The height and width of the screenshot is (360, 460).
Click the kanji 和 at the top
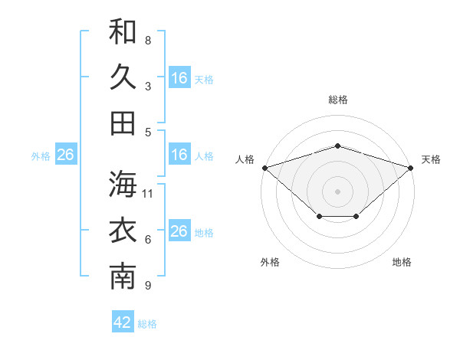pyautogui.click(x=123, y=31)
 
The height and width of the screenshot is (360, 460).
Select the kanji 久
pyautogui.click(x=123, y=77)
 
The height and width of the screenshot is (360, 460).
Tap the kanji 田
pyautogui.click(x=123, y=123)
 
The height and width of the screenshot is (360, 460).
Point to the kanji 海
pyautogui.click(x=123, y=184)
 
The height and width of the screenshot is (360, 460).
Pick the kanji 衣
pyautogui.click(x=123, y=230)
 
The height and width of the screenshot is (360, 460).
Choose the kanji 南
pyautogui.click(x=123, y=277)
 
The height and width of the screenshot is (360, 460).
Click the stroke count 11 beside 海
pyautogui.click(x=147, y=194)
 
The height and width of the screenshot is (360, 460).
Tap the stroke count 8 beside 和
pyautogui.click(x=148, y=40)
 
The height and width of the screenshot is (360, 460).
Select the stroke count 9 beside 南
pyautogui.click(x=148, y=285)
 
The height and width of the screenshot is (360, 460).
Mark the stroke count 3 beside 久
pyautogui.click(x=148, y=87)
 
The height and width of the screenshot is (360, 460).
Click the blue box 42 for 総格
pyautogui.click(x=123, y=321)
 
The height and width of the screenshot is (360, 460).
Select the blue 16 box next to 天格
pyautogui.click(x=179, y=77)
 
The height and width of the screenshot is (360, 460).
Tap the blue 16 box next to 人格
pyautogui.click(x=179, y=154)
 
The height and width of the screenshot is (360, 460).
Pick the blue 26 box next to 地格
pyautogui.click(x=179, y=230)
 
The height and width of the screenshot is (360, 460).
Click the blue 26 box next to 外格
pyautogui.click(x=66, y=154)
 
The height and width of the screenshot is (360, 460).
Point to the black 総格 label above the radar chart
pyautogui.click(x=338, y=100)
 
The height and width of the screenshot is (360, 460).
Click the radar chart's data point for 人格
pyautogui.click(x=265, y=168)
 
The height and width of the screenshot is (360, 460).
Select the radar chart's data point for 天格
pyautogui.click(x=411, y=168)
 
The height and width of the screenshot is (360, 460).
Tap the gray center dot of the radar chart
pyautogui.click(x=337, y=191)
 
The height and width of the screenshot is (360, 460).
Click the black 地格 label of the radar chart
pyautogui.click(x=402, y=262)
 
